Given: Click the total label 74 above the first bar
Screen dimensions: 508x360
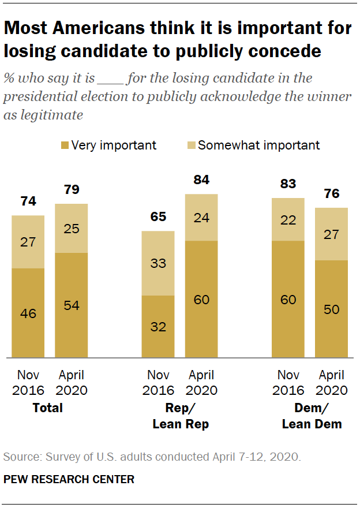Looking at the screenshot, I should point(28,201).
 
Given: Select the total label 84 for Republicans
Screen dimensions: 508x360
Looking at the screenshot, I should point(201,180).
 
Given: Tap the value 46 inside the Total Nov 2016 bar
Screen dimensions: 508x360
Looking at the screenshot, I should point(28,313).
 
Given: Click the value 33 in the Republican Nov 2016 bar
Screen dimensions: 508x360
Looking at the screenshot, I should point(158,263).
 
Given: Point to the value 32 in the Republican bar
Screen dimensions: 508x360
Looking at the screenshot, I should point(158,327).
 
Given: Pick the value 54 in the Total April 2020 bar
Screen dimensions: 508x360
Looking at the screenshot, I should point(72,305).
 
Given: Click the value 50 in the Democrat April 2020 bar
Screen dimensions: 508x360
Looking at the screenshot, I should point(331,309).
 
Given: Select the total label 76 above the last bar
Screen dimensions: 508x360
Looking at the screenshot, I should point(331,193).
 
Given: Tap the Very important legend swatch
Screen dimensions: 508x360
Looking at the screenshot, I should point(65,145).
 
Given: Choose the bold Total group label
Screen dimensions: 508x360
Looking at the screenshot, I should point(48,408).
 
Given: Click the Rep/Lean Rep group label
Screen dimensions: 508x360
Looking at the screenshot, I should point(180,416).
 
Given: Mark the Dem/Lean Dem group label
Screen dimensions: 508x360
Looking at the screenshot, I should point(312,416).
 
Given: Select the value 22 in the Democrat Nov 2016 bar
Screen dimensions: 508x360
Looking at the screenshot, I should point(288,219).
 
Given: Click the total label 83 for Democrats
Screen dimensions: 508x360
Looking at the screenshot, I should point(288,184).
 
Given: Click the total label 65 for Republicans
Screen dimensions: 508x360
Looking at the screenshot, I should point(158,217).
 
